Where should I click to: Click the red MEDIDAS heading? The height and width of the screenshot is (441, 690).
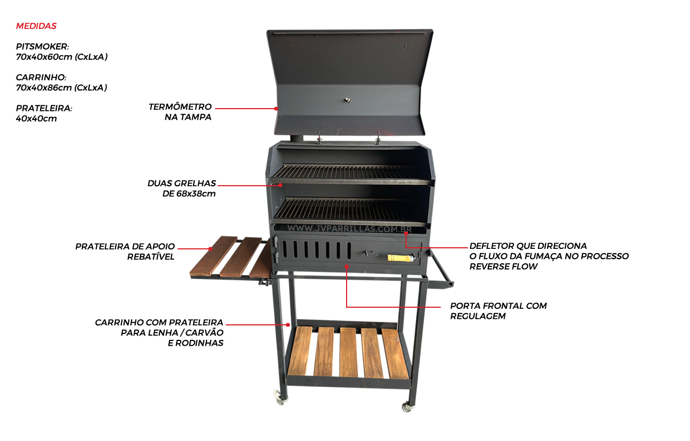pos(36,26)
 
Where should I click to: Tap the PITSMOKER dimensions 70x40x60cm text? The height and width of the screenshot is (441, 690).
pos(62,57)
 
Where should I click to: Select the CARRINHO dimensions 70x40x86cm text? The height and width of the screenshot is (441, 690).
pos(62,88)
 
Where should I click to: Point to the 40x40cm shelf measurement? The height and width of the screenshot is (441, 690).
pos(36,119)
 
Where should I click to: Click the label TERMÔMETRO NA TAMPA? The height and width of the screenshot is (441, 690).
pos(180,112)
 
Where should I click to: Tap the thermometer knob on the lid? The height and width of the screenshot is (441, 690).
pos(348,100)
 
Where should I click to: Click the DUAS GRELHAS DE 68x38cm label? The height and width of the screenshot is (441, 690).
pos(182,188)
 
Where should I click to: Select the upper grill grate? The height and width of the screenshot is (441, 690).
pos(348,172)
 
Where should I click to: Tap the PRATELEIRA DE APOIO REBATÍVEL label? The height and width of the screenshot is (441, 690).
pos(125,252)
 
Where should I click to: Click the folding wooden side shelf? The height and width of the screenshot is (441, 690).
pos(231,257)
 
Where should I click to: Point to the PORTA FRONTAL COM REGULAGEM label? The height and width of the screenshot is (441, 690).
pos(499,311)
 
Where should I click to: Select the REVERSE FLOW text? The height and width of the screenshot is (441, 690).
pos(503,267)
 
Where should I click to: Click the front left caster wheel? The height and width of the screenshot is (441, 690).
pos(280,398)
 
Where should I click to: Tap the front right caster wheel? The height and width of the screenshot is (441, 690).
pos(408,407)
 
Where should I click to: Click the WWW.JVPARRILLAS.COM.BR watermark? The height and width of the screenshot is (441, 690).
pos(349,229)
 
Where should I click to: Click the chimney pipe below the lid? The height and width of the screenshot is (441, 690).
pos(297,139)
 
